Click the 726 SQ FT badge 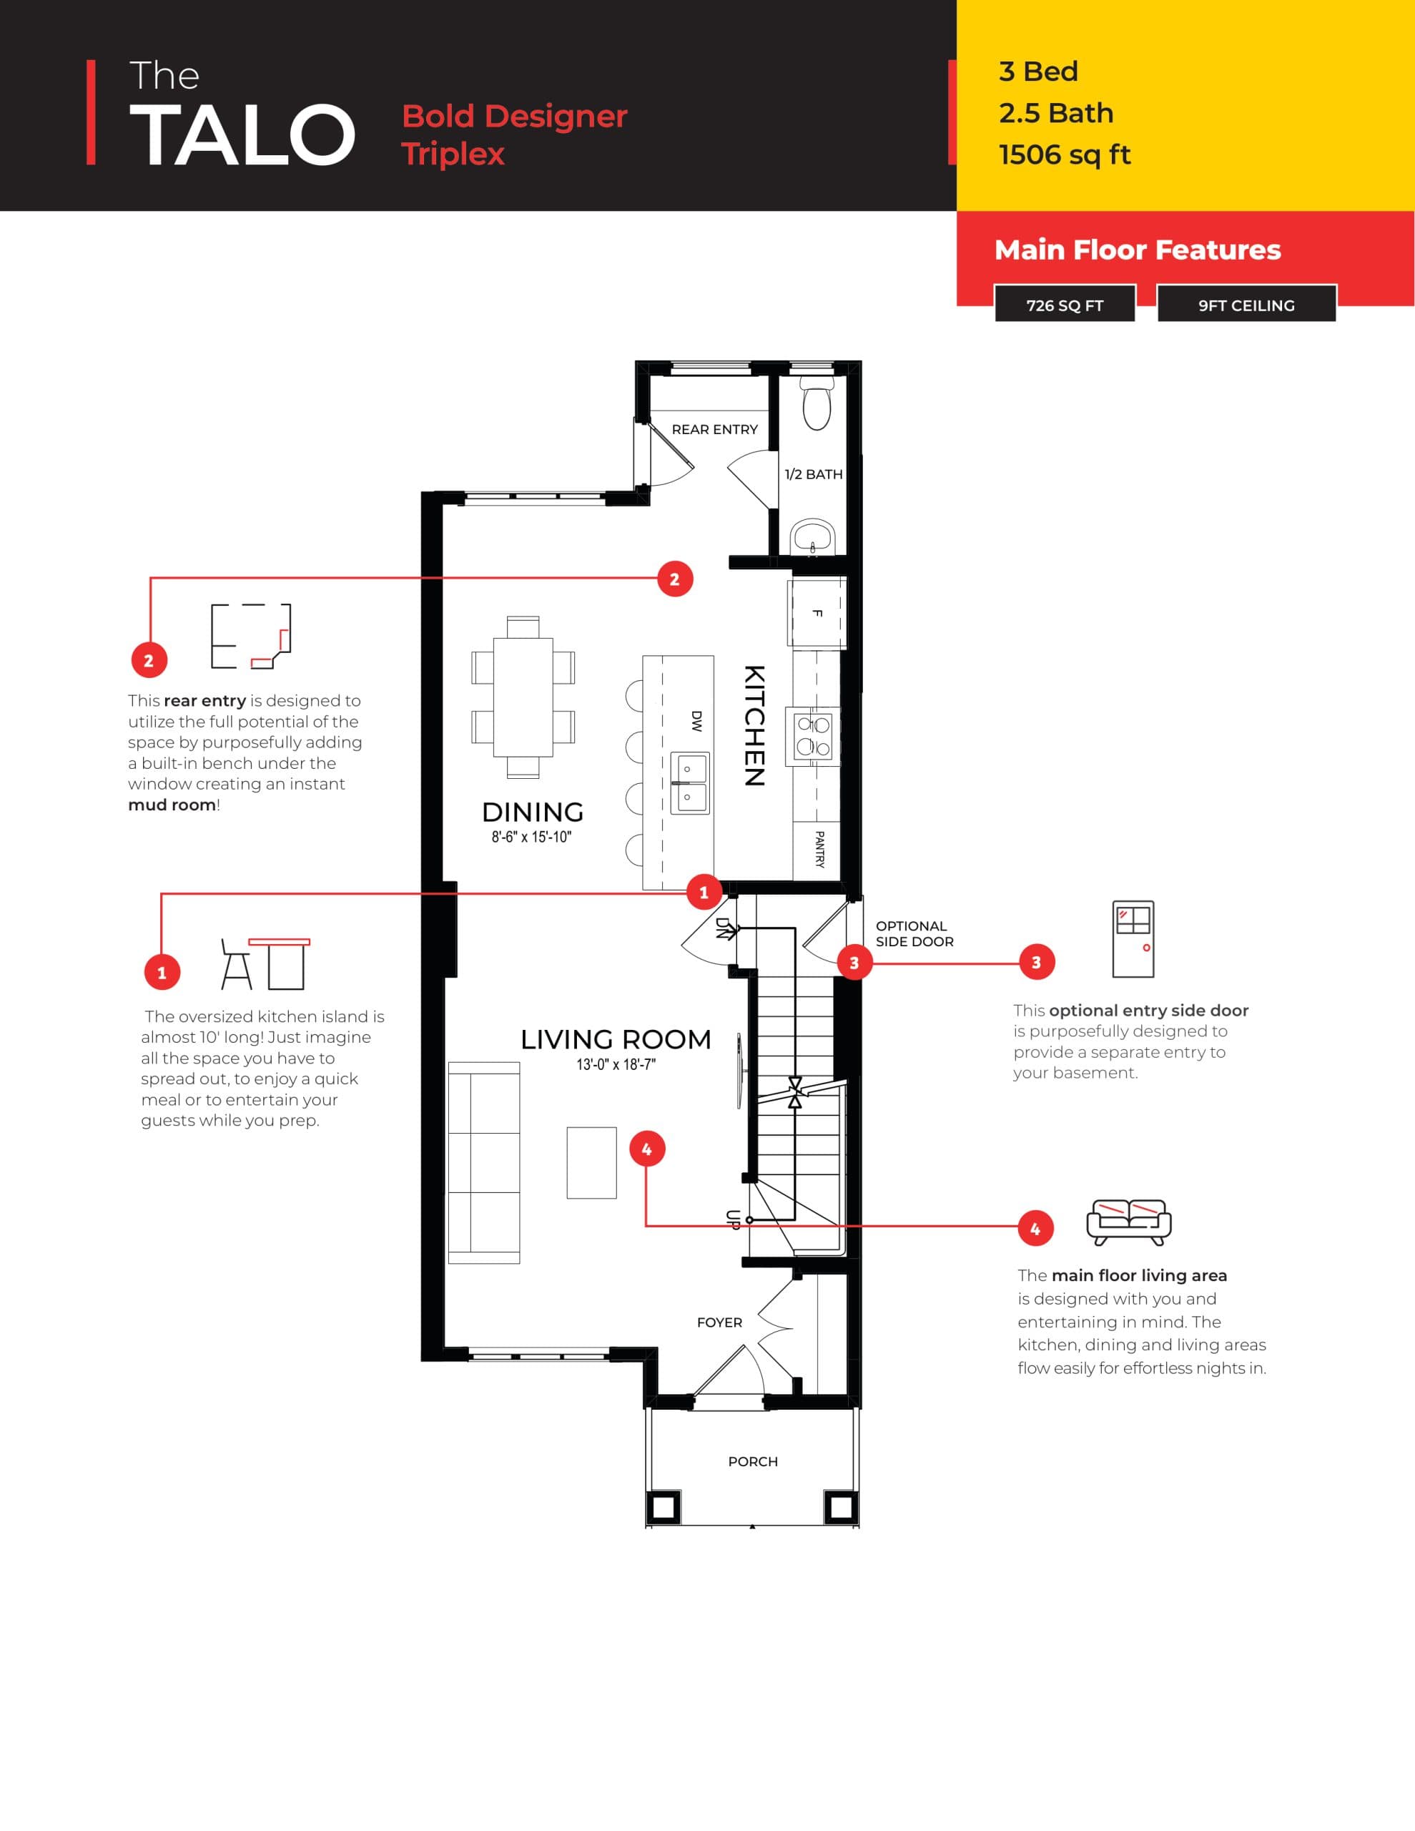click(1064, 305)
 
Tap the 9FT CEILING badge click(1246, 305)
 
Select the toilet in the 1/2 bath click(817, 406)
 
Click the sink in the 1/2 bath click(812, 535)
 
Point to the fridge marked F click(817, 613)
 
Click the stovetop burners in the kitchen click(813, 735)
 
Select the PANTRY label click(819, 848)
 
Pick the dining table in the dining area click(523, 697)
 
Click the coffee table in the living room click(592, 1162)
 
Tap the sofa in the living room click(483, 1162)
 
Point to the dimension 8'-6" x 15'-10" click(531, 837)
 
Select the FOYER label click(719, 1322)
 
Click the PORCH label click(753, 1461)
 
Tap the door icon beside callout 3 click(1133, 939)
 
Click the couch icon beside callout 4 click(1128, 1222)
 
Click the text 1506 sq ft click(1065, 155)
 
